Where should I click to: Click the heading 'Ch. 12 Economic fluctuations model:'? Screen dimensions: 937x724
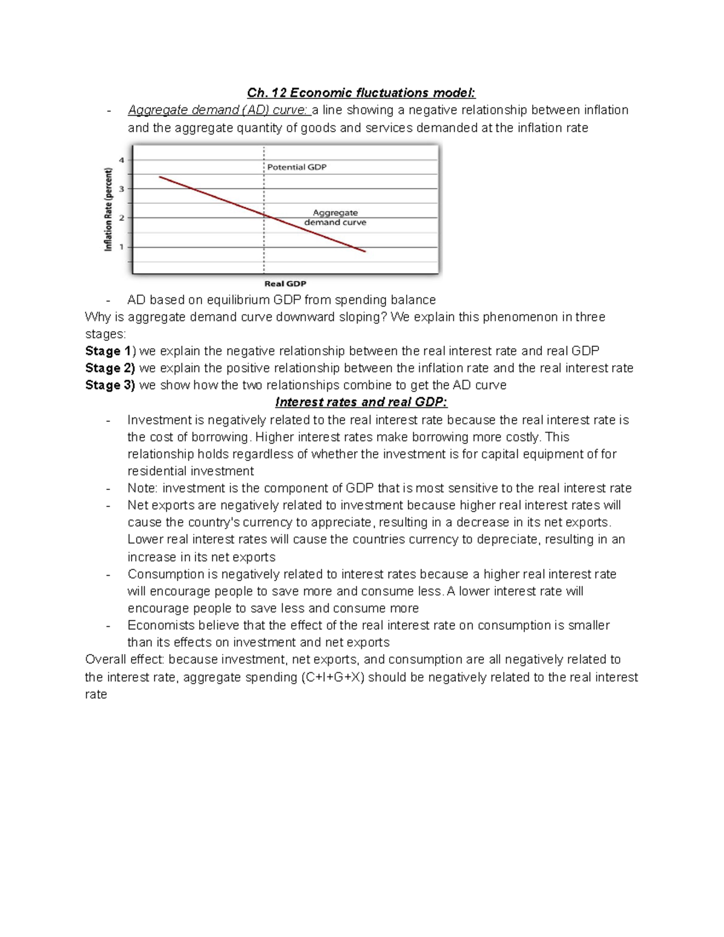361,93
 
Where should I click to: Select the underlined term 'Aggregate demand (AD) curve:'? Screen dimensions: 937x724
219,110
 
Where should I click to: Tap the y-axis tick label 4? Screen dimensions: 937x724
122,160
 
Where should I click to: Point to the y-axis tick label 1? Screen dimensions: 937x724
122,247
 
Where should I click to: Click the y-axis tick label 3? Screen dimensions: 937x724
122,189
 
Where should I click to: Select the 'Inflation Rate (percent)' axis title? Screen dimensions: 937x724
109,209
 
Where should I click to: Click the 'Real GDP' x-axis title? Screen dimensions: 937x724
285,284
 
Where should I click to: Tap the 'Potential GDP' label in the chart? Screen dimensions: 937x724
297,167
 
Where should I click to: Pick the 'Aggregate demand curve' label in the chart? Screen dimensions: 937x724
335,217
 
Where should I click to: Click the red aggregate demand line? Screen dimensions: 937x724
211,196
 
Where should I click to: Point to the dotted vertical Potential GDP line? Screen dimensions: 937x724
264,253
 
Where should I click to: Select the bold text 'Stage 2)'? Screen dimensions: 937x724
110,368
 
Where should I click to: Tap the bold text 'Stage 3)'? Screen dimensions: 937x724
110,386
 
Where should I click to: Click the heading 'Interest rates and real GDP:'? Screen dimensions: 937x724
361,402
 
